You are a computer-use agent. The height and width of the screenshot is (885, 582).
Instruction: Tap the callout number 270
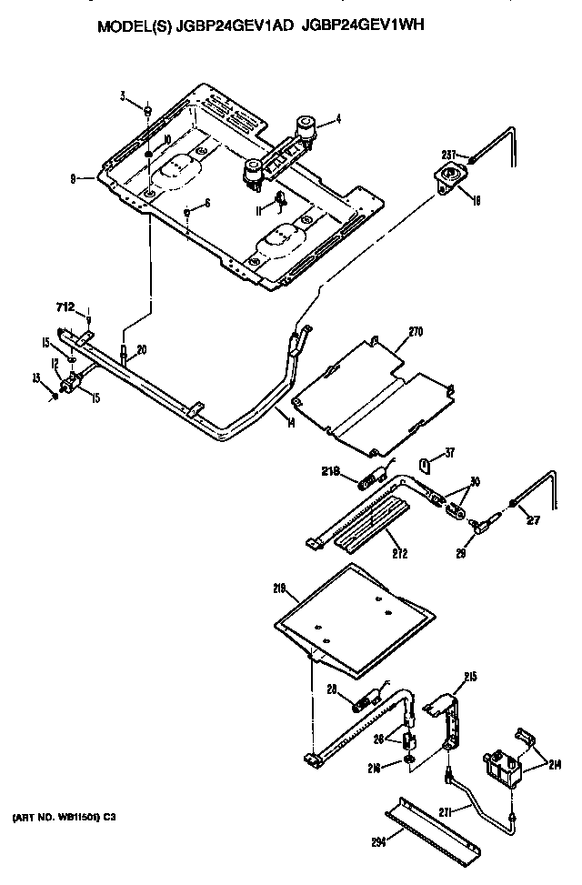pyautogui.click(x=416, y=333)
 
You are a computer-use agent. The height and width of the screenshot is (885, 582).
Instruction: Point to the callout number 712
pyautogui.click(x=65, y=306)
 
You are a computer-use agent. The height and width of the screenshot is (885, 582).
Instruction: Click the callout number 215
pyautogui.click(x=469, y=676)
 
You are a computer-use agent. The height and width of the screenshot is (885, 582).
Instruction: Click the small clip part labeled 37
pyautogui.click(x=425, y=465)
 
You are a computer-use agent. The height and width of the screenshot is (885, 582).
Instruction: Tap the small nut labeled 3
pyautogui.click(x=146, y=110)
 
